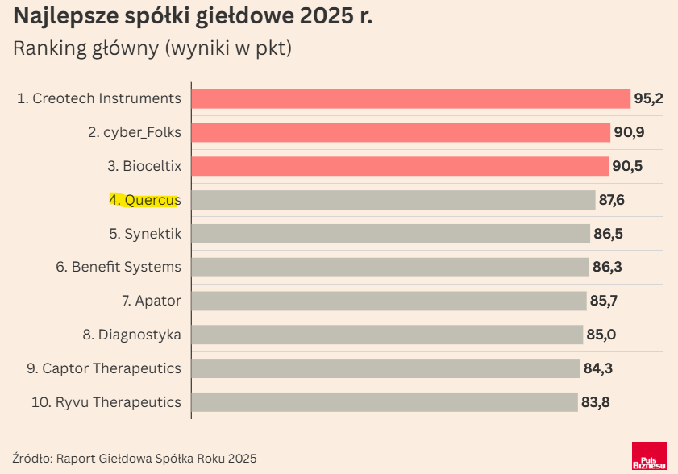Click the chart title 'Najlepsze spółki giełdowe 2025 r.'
tap(193, 17)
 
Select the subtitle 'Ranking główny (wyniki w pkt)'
tap(152, 48)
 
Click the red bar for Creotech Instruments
tap(410, 98)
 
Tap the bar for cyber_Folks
tap(401, 132)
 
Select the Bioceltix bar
tap(400, 166)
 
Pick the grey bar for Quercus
tap(393, 200)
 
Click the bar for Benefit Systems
tap(390, 267)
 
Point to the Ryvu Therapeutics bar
tap(385, 401)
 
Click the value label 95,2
tap(648, 98)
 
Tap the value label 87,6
tap(612, 200)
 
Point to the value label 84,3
tap(598, 368)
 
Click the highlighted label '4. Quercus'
tap(145, 200)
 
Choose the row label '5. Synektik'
tap(145, 234)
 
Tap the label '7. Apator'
tap(152, 301)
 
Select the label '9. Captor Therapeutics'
tap(104, 368)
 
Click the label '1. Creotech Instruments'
tap(99, 98)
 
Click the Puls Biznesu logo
tap(649, 456)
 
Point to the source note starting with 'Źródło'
tap(135, 458)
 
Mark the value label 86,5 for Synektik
tap(609, 234)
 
